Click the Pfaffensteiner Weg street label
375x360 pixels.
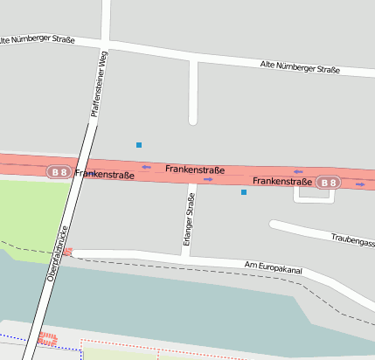(99, 84)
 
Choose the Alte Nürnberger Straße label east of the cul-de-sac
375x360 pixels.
(300, 67)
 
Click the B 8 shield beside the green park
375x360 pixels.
(59, 172)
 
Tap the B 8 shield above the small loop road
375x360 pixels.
(327, 183)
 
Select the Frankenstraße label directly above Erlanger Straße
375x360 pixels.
(195, 170)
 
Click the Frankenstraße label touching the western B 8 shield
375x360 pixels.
(106, 175)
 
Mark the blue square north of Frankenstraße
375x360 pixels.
(138, 144)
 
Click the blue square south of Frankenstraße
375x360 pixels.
(244, 192)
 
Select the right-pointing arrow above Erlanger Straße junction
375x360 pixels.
(208, 179)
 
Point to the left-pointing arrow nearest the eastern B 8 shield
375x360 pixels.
(298, 171)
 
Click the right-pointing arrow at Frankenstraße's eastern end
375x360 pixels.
(360, 184)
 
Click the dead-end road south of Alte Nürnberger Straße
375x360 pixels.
(193, 92)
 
